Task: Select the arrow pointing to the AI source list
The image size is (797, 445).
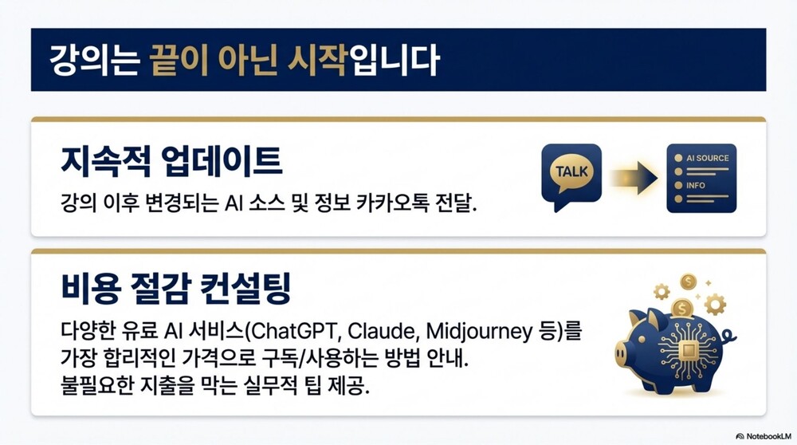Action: (x=634, y=178)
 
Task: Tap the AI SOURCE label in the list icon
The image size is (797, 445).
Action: (x=707, y=158)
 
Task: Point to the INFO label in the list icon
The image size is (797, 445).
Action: (x=695, y=185)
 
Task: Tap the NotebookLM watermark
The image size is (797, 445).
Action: (x=764, y=436)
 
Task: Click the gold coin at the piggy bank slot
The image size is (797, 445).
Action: (x=681, y=308)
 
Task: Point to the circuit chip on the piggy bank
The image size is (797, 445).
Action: (x=689, y=350)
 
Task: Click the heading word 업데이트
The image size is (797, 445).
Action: (x=221, y=161)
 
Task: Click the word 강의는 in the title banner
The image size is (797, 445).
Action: (x=94, y=61)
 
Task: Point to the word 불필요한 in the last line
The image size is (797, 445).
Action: (x=96, y=385)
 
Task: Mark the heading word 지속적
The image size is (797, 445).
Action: (x=106, y=161)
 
